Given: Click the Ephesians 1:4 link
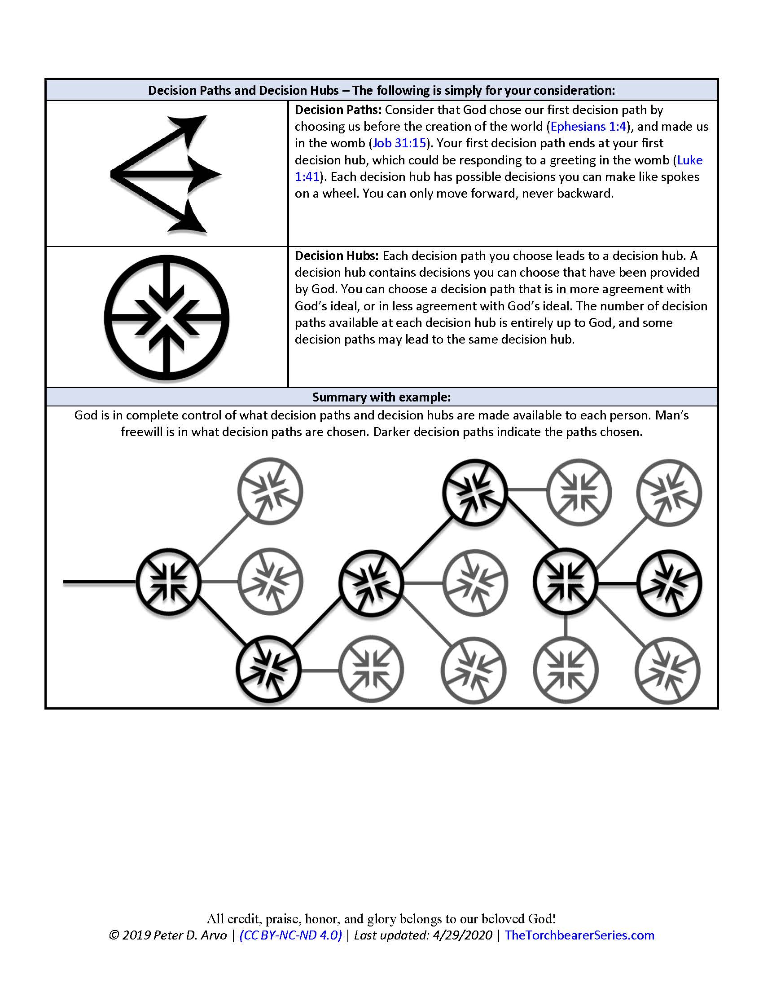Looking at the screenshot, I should pos(588,127).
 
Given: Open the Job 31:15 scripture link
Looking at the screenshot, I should pos(399,143).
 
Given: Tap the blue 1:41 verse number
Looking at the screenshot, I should pos(307,177).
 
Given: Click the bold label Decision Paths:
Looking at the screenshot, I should pos(338,110).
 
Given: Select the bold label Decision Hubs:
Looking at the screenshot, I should pos(336,256).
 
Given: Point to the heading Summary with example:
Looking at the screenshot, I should pos(381,397).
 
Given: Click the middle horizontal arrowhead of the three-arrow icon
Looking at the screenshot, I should pos(206,174).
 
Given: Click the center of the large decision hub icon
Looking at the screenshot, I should pos(167,318).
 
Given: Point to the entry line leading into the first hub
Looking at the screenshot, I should pos(100,582).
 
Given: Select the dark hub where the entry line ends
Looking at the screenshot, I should pos(168,582).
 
